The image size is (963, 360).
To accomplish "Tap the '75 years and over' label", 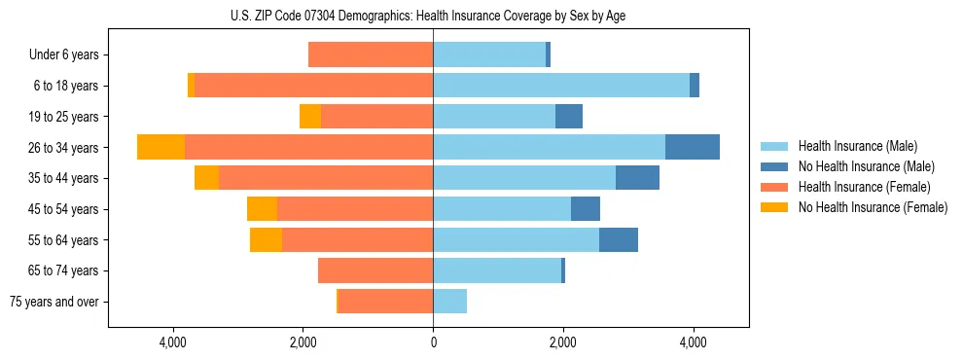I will click(54, 302).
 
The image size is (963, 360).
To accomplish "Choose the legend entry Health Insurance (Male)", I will click(857, 146).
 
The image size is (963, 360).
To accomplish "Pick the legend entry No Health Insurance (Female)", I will click(873, 207).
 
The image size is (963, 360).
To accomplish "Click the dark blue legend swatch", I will click(774, 166).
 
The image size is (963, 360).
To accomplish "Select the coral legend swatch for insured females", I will click(774, 187).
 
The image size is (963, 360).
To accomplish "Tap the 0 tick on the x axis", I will click(433, 342).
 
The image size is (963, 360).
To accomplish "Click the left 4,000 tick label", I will click(172, 342).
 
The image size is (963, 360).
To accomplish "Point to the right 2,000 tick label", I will click(563, 342).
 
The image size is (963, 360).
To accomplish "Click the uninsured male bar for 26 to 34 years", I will click(693, 147).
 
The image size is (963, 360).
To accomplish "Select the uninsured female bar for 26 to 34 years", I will click(160, 147).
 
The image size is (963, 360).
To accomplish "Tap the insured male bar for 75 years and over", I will click(449, 302).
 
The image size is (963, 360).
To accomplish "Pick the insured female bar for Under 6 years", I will click(371, 55).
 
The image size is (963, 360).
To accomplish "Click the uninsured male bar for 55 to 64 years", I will click(619, 239).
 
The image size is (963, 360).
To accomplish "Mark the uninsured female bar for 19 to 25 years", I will click(310, 117).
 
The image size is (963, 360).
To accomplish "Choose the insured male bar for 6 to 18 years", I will click(561, 86).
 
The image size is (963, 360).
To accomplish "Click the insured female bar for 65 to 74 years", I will click(375, 270).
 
